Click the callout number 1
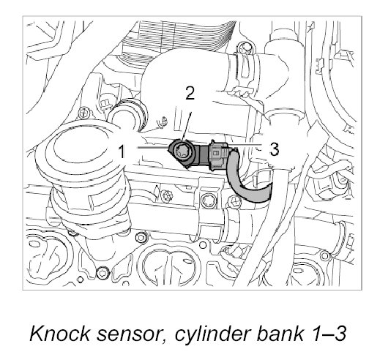coord(122,151)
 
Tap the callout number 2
coord(190,93)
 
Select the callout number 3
coord(275,149)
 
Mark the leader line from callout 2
coord(187,127)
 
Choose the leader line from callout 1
coord(153,147)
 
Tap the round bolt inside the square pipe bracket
coord(208,200)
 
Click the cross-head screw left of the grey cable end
coord(235,201)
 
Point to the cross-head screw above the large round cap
coord(83,113)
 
